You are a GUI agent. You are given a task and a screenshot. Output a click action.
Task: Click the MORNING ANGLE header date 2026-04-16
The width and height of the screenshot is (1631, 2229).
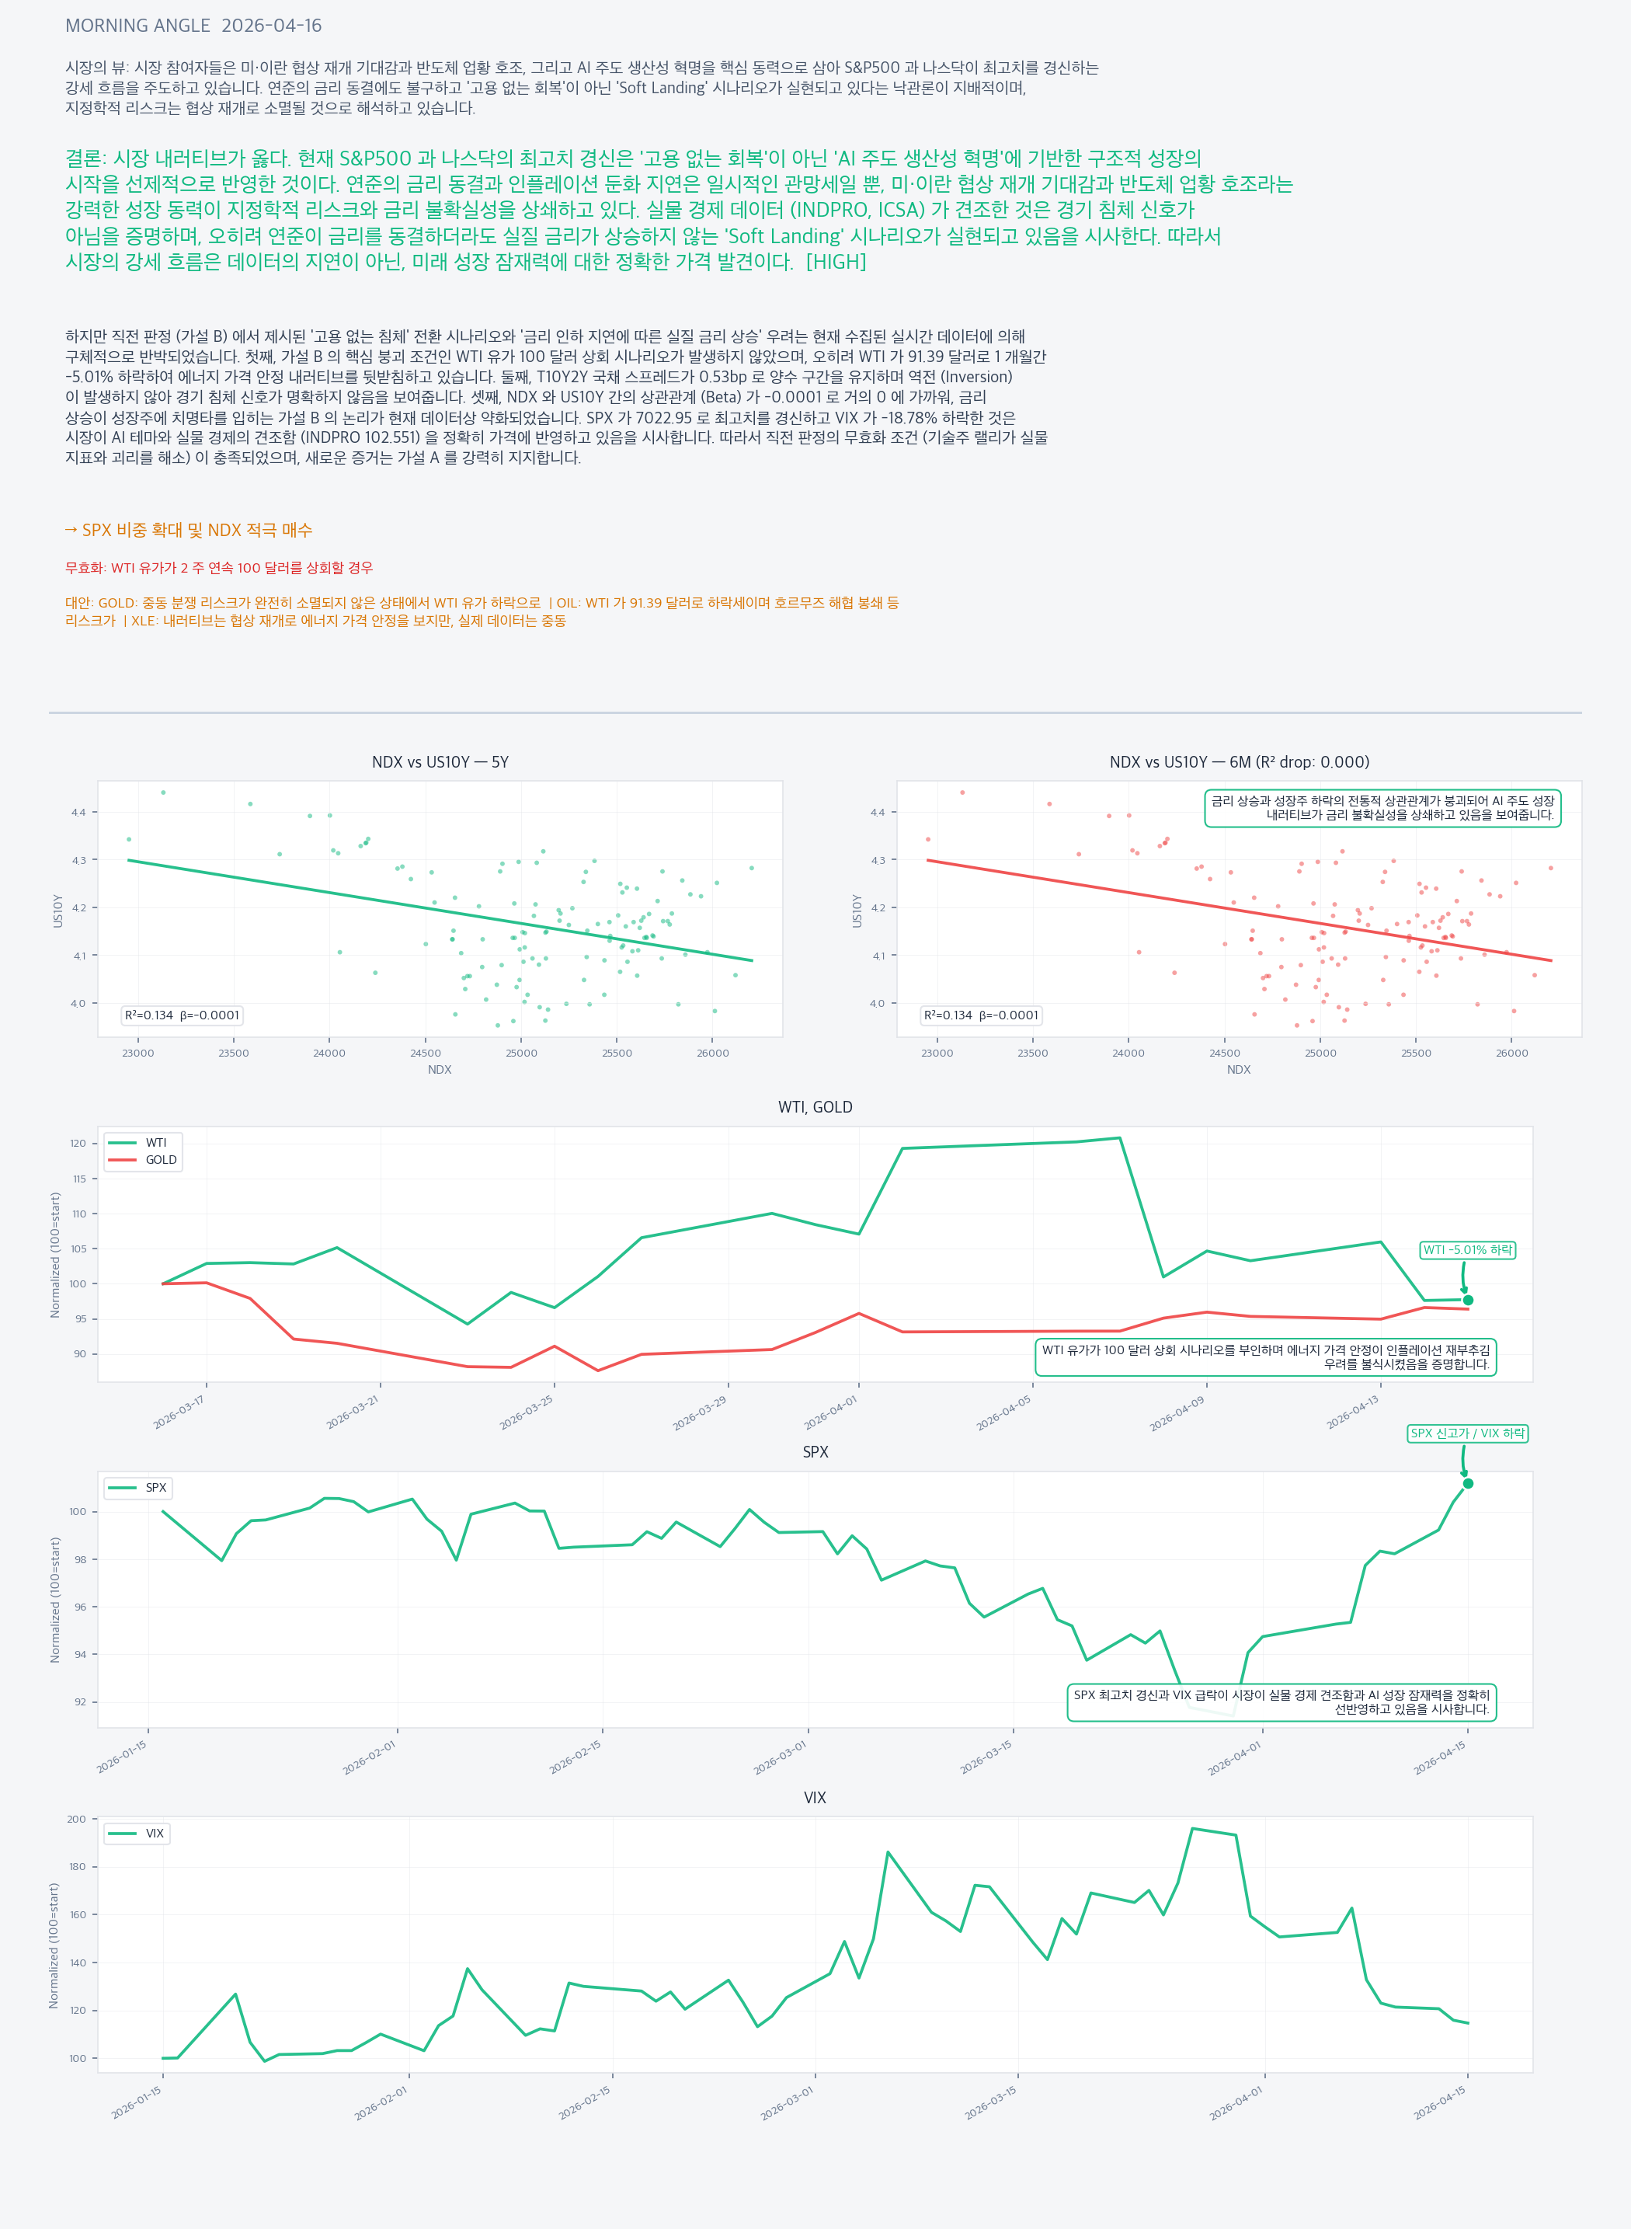tap(272, 26)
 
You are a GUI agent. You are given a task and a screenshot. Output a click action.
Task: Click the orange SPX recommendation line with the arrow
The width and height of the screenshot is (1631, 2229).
tap(189, 531)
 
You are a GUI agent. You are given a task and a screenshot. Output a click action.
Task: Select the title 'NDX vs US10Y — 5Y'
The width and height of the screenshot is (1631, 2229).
tap(440, 761)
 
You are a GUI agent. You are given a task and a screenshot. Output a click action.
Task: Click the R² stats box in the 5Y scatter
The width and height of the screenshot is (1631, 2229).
tap(182, 1015)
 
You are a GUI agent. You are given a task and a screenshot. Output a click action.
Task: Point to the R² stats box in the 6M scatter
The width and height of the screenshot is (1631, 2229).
tap(982, 1015)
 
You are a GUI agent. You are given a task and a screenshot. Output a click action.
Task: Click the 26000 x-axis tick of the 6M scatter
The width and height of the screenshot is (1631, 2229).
tap(1511, 1053)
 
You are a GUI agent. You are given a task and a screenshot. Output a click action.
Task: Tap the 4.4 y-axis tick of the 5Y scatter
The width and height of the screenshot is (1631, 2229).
tap(78, 812)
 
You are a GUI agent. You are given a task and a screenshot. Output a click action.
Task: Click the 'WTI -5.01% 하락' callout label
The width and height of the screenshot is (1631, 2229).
tap(1467, 1250)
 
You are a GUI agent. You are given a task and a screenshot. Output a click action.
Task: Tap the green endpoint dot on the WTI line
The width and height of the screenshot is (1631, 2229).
tap(1468, 1300)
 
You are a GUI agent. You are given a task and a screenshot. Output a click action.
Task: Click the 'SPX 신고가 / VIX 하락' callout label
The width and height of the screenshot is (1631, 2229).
tap(1467, 1433)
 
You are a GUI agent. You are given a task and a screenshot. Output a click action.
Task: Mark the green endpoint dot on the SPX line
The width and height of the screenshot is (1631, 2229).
tap(1468, 1483)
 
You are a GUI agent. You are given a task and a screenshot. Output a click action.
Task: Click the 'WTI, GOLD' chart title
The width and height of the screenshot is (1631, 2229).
tap(815, 1107)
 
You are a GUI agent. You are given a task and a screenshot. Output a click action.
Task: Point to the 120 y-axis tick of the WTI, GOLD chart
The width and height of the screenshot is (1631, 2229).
tap(78, 1144)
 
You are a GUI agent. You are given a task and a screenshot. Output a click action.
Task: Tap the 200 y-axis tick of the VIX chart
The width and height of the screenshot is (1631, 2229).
tap(76, 1819)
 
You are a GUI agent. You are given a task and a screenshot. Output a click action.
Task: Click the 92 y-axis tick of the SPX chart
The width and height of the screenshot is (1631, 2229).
tap(79, 1701)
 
